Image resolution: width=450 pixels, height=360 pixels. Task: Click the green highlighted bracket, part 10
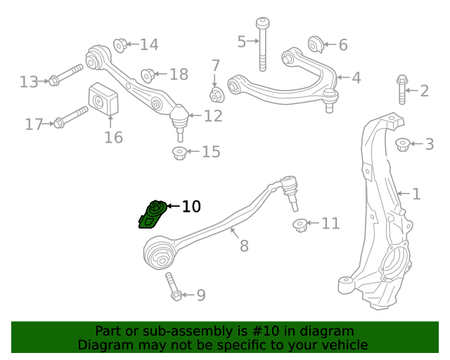(152, 214)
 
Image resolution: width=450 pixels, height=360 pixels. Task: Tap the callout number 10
(191, 207)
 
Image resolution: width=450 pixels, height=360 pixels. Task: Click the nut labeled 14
(120, 45)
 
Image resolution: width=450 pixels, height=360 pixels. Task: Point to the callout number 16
(113, 137)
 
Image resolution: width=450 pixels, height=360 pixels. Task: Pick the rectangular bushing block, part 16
(102, 100)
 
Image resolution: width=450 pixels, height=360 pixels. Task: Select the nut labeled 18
(148, 74)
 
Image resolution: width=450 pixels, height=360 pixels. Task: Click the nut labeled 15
(179, 152)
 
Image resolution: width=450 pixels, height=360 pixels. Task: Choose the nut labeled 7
(217, 94)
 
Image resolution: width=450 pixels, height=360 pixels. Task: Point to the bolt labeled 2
(401, 89)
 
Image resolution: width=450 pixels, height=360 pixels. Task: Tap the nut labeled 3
(402, 144)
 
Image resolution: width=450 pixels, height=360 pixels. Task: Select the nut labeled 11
(300, 225)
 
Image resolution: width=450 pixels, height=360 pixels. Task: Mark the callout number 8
(244, 246)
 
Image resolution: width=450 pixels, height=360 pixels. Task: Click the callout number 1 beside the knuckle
(416, 193)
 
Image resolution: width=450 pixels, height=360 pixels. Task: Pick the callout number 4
(356, 78)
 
